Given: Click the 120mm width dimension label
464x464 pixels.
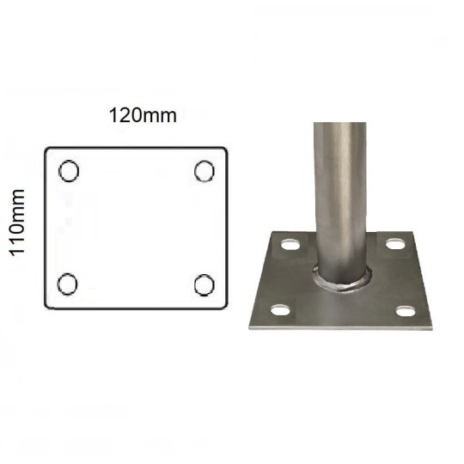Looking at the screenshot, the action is click(x=143, y=115).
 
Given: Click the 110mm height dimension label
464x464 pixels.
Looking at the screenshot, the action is click(x=17, y=223).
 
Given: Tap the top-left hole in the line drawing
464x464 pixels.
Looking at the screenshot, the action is click(x=69, y=171).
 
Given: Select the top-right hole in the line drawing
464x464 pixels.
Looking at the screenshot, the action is click(x=205, y=171).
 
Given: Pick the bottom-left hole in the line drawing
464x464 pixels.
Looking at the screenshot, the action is click(x=68, y=284).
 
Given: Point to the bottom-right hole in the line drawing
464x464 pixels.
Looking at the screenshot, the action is click(x=205, y=285).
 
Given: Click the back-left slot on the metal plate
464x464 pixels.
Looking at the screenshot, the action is click(x=290, y=245).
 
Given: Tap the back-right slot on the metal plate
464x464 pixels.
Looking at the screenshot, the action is click(x=395, y=244).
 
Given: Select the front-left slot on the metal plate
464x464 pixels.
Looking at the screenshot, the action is click(x=280, y=310).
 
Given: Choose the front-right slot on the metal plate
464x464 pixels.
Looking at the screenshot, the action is click(x=406, y=312).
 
